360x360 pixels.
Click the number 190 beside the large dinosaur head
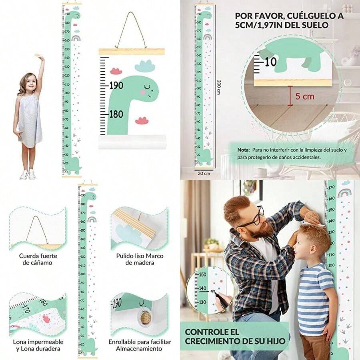pyautogui.click(x=116, y=86)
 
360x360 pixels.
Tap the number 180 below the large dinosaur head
pyautogui.click(x=116, y=114)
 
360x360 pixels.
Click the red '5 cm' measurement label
pyautogui.click(x=305, y=96)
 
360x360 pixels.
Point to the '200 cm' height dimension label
pyautogui.click(x=218, y=86)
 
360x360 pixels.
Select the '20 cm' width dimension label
pyautogui.click(x=204, y=173)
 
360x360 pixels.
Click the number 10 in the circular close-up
pyautogui.click(x=270, y=62)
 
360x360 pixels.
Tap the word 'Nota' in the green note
pyautogui.click(x=243, y=150)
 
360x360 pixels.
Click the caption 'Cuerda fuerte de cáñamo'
pyautogui.click(x=38, y=259)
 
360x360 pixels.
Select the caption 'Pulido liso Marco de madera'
pyautogui.click(x=140, y=259)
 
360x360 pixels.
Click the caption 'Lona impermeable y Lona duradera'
pyautogui.click(x=38, y=345)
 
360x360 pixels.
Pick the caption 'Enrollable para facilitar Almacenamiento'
pyautogui.click(x=140, y=345)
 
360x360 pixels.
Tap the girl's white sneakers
pyautogui.click(x=28, y=174)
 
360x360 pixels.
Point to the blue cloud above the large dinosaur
pyautogui.click(x=145, y=65)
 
